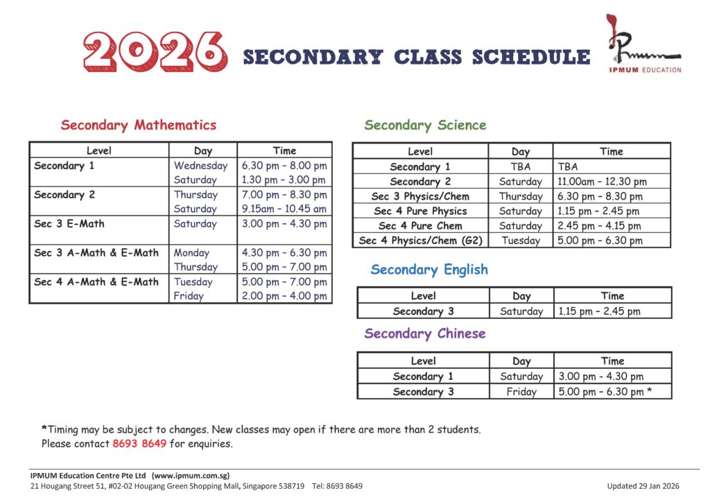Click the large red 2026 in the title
click(154, 53)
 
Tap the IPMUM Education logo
click(643, 45)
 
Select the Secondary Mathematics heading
click(139, 125)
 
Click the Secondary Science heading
click(425, 125)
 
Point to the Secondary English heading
click(429, 270)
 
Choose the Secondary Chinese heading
click(425, 334)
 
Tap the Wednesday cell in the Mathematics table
click(200, 166)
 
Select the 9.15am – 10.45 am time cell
click(284, 209)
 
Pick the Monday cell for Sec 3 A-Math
click(191, 253)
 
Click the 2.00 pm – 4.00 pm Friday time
click(284, 296)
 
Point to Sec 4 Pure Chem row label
click(420, 226)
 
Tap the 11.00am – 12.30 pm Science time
click(602, 182)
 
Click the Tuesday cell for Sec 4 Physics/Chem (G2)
click(520, 241)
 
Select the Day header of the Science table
click(520, 151)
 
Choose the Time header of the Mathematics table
click(284, 150)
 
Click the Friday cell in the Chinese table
click(521, 392)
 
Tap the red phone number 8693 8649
click(139, 444)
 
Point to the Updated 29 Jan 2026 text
click(643, 486)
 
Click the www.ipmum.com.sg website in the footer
click(191, 476)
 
